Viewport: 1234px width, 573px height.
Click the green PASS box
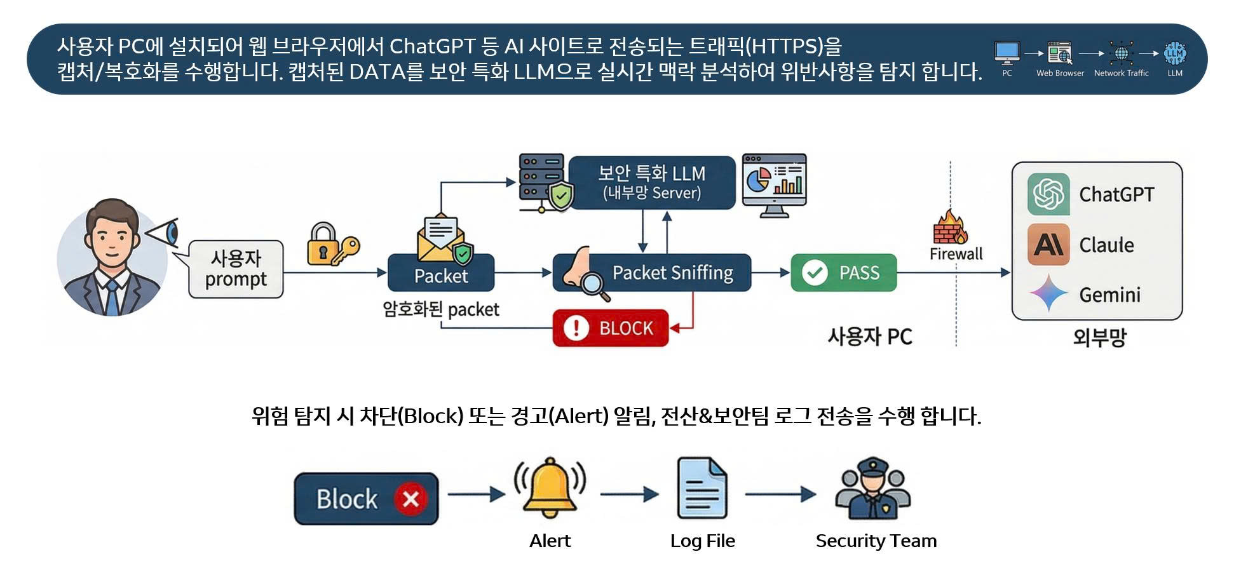(x=843, y=273)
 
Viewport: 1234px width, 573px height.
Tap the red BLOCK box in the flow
(x=611, y=328)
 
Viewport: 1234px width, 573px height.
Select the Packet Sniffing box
(x=652, y=273)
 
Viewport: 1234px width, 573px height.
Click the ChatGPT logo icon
(x=1048, y=194)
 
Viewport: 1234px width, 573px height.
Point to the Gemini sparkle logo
(x=1048, y=293)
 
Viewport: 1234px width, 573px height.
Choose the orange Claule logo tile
(x=1048, y=244)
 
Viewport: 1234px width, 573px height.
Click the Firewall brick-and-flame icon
(x=950, y=228)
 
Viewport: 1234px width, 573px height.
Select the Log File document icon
(x=702, y=488)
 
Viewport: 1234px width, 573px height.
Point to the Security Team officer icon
(x=873, y=489)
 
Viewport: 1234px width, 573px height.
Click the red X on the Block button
(x=410, y=499)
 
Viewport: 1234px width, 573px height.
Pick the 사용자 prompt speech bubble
(x=236, y=269)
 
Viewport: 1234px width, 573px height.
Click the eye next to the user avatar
(x=165, y=233)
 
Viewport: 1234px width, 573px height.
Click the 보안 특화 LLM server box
(x=651, y=182)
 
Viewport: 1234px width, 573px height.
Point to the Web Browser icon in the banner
(x=1060, y=53)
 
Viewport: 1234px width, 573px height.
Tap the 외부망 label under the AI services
(x=1099, y=337)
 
